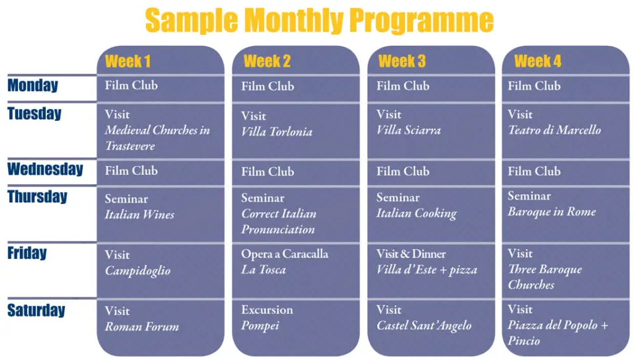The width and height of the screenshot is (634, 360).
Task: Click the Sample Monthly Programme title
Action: pos(319,20)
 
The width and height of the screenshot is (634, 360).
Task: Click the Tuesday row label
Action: pos(35,113)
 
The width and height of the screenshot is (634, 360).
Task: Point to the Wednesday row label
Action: pos(45,169)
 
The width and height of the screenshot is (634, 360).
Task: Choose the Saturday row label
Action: pos(37,310)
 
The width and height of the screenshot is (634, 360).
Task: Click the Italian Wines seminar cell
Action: pos(160,215)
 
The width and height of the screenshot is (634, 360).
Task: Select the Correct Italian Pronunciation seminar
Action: pos(295,215)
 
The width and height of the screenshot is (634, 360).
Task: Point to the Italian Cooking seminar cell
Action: pos(431,215)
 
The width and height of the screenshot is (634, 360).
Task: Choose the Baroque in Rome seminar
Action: pos(566,215)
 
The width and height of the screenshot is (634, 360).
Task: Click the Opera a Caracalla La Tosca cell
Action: pos(295,271)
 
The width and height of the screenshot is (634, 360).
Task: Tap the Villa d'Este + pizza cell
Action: pos(431,271)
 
